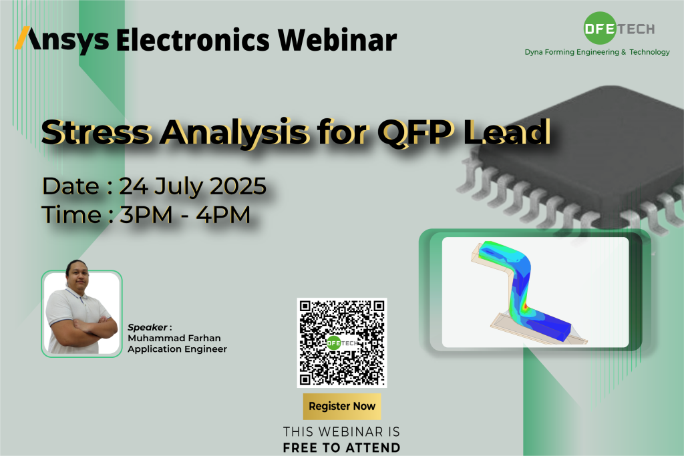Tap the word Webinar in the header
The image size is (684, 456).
(337, 39)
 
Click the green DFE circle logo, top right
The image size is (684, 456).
(600, 28)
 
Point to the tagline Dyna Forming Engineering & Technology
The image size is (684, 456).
(596, 52)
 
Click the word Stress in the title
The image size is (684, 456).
(96, 132)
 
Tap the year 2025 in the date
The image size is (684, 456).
(238, 186)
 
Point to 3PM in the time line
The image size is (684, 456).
(146, 215)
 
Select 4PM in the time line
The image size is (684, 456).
(223, 215)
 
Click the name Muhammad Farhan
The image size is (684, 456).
(174, 338)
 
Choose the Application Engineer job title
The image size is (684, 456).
(177, 349)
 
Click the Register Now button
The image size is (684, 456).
(342, 407)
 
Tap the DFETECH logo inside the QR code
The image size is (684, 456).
(341, 343)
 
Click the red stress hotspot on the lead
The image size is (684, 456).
(525, 306)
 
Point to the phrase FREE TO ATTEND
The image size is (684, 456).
(341, 448)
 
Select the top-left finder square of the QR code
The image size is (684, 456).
(305, 306)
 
